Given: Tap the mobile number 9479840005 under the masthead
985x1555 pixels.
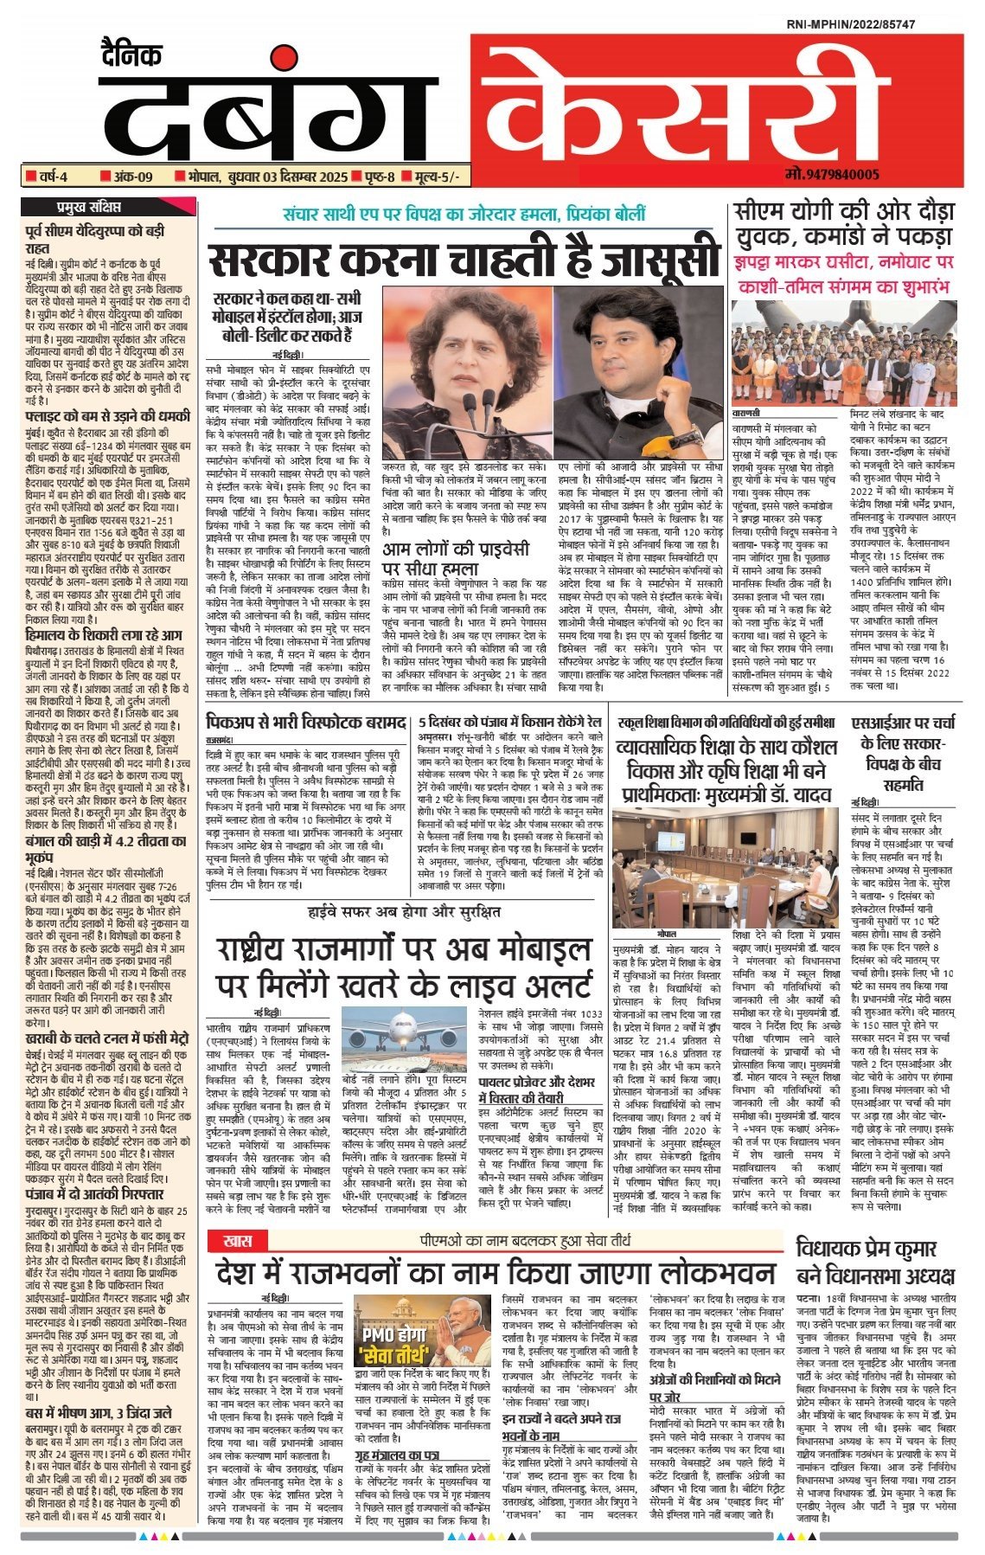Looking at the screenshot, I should point(832,175).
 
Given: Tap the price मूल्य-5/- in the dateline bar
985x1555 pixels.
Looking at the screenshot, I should point(436,177).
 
